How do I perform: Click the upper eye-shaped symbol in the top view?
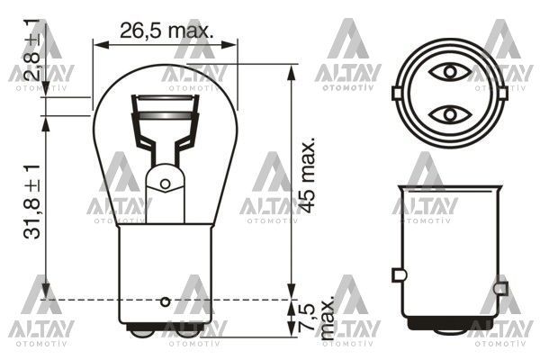[x=447, y=70]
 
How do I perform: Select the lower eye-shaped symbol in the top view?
[x=447, y=115]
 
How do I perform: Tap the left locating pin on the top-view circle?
[x=397, y=92]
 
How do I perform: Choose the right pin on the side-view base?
[x=499, y=290]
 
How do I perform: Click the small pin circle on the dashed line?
[x=165, y=300]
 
